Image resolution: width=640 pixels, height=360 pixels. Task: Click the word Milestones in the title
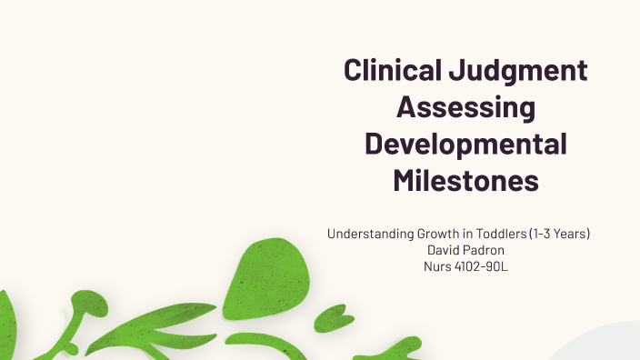click(x=465, y=179)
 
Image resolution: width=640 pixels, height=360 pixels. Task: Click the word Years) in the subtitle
click(x=573, y=234)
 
